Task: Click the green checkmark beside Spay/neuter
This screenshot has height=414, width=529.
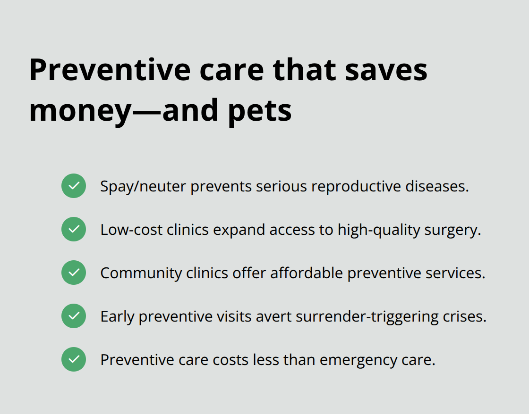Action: [x=74, y=186]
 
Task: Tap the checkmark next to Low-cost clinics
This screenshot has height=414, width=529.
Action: [x=74, y=229]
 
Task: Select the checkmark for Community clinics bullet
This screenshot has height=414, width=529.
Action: [x=74, y=273]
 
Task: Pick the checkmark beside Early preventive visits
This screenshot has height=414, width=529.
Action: [x=74, y=316]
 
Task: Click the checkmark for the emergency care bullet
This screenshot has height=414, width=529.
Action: [x=74, y=359]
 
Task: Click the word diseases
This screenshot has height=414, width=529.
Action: [x=437, y=186]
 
